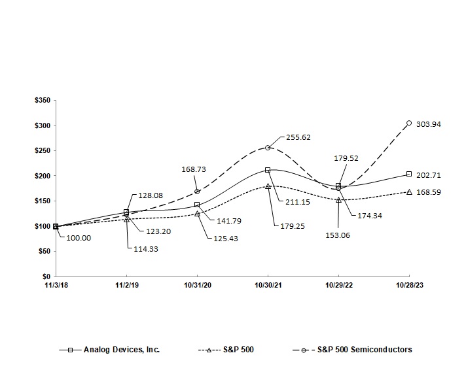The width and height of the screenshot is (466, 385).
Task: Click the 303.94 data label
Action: [428, 124]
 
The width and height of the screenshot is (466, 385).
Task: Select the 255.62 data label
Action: [299, 138]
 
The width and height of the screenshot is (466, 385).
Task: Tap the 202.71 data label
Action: [428, 175]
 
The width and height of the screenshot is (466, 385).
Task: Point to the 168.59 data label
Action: [428, 193]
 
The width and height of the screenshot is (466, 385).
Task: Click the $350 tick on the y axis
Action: [41, 100]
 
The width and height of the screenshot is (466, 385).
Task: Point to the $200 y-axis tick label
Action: [41, 176]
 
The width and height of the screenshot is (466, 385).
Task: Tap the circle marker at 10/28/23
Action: [409, 123]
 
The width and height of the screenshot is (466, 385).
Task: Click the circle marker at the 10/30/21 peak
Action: [268, 148]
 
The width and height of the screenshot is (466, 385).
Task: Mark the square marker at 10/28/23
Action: [409, 174]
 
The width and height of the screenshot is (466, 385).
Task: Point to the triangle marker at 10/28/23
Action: [409, 192]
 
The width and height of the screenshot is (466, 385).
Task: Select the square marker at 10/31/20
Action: [197, 205]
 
